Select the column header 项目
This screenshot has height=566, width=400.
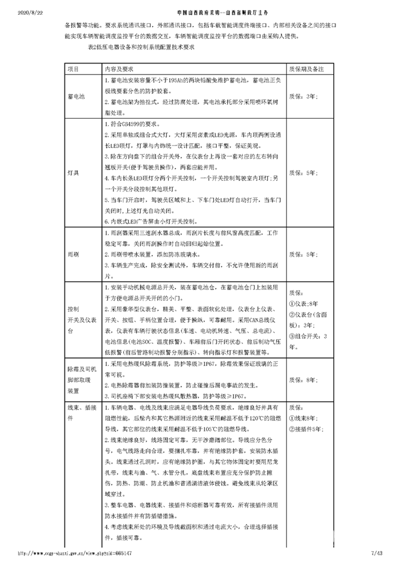coord(73,69)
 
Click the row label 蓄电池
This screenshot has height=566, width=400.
coord(76,96)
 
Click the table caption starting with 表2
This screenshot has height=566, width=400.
coord(141,47)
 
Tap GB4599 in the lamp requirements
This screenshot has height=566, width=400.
coord(128,125)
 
